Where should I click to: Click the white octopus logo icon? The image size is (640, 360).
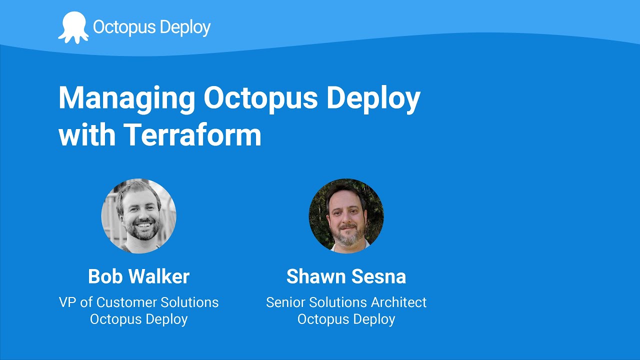click(73, 27)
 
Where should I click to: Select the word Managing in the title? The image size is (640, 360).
click(127, 98)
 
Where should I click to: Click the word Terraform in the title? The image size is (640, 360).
click(192, 134)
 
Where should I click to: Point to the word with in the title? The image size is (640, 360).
click(86, 134)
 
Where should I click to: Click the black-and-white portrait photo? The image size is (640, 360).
click(138, 216)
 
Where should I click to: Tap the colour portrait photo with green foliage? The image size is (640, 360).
click(346, 216)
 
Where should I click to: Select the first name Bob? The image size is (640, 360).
click(104, 276)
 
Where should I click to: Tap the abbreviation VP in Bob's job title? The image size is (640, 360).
click(67, 302)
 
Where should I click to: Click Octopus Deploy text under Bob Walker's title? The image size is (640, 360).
click(138, 319)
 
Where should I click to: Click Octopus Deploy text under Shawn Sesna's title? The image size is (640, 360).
click(346, 319)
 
